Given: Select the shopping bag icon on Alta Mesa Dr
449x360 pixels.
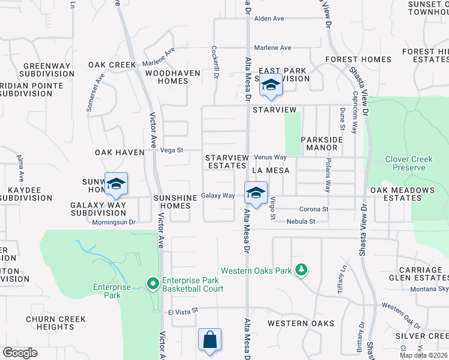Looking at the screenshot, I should coord(210,339).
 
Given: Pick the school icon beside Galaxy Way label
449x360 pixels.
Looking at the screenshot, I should coord(256,193).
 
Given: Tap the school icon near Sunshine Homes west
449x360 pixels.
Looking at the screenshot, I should coord(116,184).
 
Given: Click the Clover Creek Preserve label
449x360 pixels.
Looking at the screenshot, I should coord(409,163).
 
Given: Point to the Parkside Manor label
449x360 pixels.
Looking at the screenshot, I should coord(322,143).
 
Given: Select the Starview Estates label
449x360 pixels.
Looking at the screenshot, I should coord(226,161).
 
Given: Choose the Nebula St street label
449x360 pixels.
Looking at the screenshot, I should coord(301,221).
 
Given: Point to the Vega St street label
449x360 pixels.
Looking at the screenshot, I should coord(171,151).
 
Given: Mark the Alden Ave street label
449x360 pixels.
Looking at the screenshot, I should coord(269,19).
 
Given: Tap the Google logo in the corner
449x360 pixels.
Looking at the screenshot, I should coord(20,353).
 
